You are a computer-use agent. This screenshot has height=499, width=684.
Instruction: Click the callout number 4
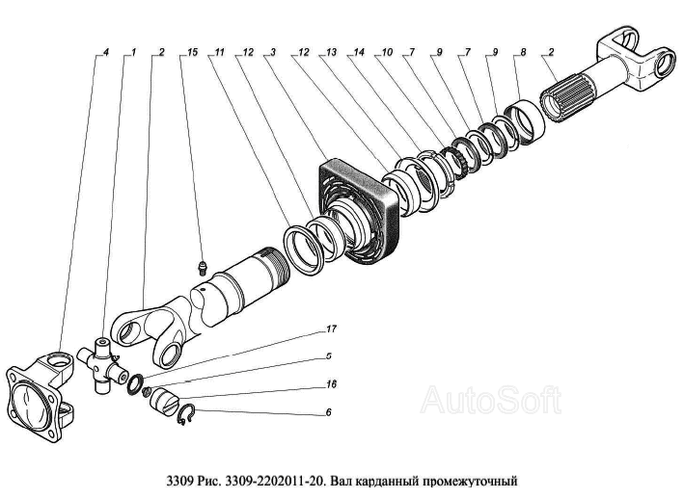106,51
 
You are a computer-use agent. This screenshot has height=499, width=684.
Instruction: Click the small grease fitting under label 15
201,266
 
